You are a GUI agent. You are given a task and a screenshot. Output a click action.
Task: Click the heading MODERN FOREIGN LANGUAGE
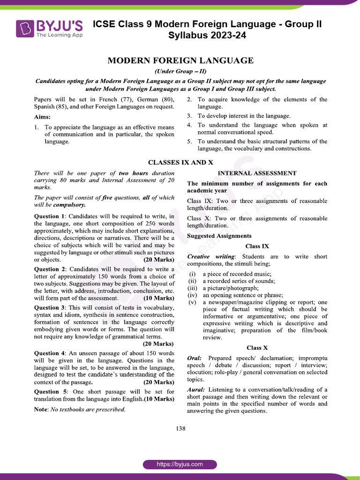coord(180,61)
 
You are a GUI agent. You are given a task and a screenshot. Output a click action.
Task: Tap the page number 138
coord(180,428)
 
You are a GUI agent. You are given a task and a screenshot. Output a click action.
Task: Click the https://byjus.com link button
coord(180,464)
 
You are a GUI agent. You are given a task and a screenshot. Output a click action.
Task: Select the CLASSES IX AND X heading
coord(180,162)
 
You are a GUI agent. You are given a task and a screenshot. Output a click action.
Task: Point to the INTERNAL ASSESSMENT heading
coord(257,173)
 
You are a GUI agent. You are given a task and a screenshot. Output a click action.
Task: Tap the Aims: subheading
coord(43,117)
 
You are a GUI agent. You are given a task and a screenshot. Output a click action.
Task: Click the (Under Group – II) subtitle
coord(180,72)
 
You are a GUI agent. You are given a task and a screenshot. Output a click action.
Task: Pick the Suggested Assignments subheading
coord(219,236)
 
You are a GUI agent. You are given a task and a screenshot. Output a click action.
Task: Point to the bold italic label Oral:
coord(195,358)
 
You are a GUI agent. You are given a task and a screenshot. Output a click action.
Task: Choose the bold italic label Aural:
coord(196,390)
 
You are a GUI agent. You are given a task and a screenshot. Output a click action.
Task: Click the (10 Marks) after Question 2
coord(158,298)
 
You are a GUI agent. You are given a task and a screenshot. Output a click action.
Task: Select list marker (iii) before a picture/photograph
coord(192,288)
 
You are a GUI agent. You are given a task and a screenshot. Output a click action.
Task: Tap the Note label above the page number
coord(41,409)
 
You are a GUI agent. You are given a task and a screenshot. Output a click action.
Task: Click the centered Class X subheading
coord(257,348)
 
